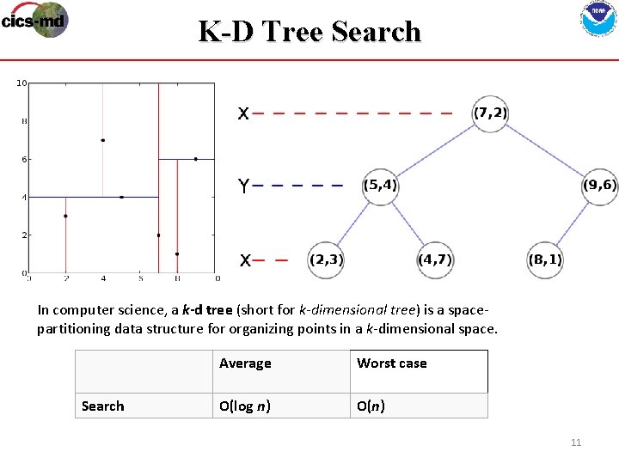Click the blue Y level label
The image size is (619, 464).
[x=244, y=186]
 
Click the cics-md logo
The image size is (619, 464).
[x=34, y=20]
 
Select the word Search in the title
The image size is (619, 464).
[x=376, y=32]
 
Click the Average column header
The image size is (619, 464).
[x=245, y=363]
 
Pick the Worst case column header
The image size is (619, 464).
[x=392, y=363]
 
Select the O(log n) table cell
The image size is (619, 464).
[x=245, y=406]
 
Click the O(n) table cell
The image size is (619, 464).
[x=371, y=406]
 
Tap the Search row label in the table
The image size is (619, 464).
[x=102, y=406]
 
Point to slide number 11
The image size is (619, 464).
[x=576, y=443]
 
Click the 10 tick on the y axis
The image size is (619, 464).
[x=21, y=83]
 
